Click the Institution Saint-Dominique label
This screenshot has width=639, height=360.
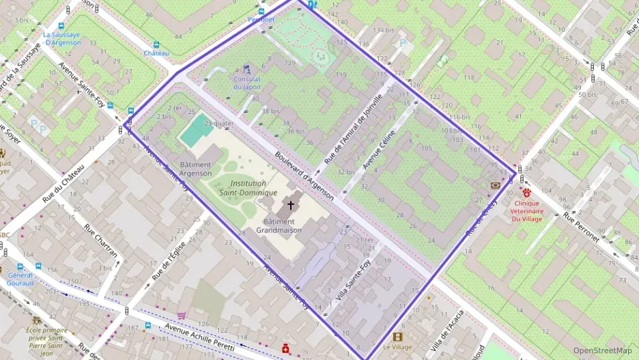[248, 188]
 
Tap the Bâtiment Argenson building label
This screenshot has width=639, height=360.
[196, 169]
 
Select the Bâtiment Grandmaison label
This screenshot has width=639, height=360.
[279, 225]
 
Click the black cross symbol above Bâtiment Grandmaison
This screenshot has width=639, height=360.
[290, 205]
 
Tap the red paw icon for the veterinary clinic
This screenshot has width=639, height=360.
[526, 193]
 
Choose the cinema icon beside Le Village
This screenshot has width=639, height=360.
[398, 337]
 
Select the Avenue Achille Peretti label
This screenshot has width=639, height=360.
[200, 339]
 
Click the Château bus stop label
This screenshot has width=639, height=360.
[156, 53]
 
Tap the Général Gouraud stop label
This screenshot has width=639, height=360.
[20, 278]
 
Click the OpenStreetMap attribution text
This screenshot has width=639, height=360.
[602, 350]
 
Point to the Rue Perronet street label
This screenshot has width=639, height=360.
[581, 227]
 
